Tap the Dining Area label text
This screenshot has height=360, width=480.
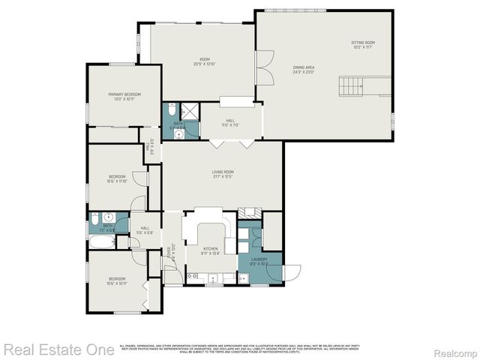[304, 70]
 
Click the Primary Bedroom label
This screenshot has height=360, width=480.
[124, 96]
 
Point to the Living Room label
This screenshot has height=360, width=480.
[223, 174]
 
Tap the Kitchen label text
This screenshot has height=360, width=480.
[211, 251]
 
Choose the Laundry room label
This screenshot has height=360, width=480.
[259, 262]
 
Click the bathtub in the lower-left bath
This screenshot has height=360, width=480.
[101, 241]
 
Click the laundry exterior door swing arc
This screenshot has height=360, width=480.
[292, 272]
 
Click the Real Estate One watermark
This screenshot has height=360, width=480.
[58, 349]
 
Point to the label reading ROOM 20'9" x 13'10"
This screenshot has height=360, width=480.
[204, 61]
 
